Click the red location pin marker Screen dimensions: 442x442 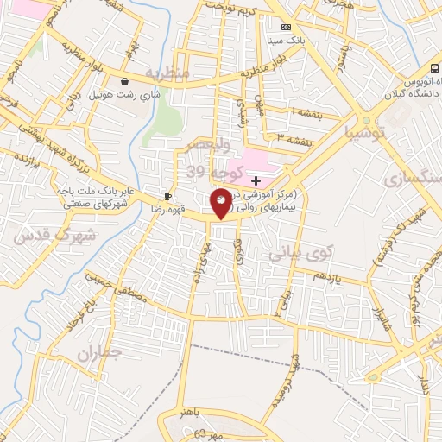pos(222,204)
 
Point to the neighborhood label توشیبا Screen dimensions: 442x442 pos(363,133)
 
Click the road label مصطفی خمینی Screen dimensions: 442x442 pos(111,287)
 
